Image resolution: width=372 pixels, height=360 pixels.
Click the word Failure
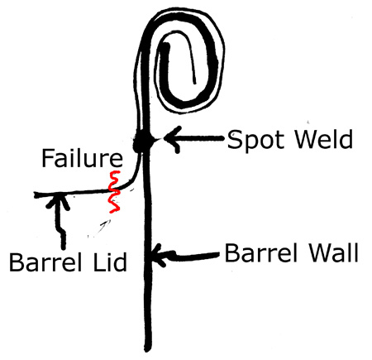pyautogui.click(x=82, y=158)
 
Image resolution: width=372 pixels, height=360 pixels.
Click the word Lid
pyautogui.click(x=110, y=262)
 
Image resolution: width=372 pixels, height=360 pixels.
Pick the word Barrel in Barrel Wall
pyautogui.click(x=261, y=253)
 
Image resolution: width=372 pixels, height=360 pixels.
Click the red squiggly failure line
pyautogui.click(x=114, y=192)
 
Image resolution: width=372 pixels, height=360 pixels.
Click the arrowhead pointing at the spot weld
pyautogui.click(x=171, y=139)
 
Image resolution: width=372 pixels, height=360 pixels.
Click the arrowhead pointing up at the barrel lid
pyautogui.click(x=58, y=201)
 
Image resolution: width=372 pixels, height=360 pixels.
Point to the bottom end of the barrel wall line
pyautogui.click(x=148, y=350)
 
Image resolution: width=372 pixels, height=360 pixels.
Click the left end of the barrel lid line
pyautogui.click(x=35, y=195)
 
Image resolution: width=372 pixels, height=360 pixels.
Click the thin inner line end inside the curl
pyautogui.click(x=195, y=83)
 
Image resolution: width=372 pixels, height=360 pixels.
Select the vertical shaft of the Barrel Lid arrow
pyautogui.click(x=60, y=223)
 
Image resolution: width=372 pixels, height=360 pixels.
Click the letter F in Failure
pyautogui.click(x=47, y=158)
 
